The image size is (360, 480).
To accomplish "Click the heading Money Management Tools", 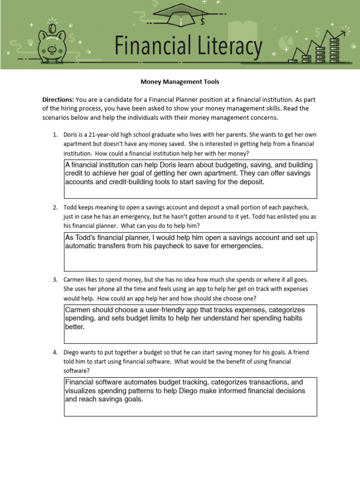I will pos(180,82).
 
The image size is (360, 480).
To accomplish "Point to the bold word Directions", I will pos(58,100).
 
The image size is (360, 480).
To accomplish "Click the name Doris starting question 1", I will pos(71,135).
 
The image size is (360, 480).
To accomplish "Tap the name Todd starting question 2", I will pos(70,207).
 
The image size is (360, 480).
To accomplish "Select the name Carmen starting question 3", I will pos(74,280).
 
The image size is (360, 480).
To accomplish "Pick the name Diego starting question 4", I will pos(72,352).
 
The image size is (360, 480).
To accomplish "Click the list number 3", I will pos(55,280).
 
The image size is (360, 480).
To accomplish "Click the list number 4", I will pos(55,352).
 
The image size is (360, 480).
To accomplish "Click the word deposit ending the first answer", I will pos(251,182).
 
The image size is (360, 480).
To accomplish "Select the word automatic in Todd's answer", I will pos(81,246).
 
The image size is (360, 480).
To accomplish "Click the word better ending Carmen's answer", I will pos(74,327).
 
